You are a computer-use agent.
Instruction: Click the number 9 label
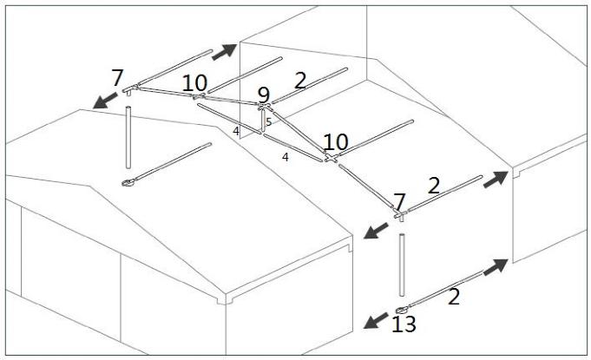[264, 95]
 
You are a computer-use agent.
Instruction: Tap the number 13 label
[404, 324]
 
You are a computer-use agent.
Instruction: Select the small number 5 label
[269, 122]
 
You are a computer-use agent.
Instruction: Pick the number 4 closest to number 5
[236, 132]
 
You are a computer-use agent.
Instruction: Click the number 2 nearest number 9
[300, 81]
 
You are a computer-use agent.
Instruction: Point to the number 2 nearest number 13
[454, 297]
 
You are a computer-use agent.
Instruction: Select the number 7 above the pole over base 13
[399, 201]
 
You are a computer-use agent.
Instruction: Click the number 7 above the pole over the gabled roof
[117, 78]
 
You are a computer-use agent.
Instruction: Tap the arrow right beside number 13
[376, 320]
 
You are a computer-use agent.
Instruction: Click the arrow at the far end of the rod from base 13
[496, 266]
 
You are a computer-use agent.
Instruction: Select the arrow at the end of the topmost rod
[224, 52]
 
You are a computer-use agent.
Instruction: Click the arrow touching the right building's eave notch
[496, 180]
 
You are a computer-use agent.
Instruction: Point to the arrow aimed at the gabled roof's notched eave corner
[376, 231]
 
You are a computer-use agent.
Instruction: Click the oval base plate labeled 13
[402, 311]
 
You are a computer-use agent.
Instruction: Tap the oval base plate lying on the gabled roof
[128, 183]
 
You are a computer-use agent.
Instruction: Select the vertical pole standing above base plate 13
[402, 265]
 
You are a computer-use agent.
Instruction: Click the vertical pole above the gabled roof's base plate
[128, 137]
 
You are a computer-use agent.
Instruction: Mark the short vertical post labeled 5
[263, 121]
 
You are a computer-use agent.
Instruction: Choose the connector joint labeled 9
[264, 107]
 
